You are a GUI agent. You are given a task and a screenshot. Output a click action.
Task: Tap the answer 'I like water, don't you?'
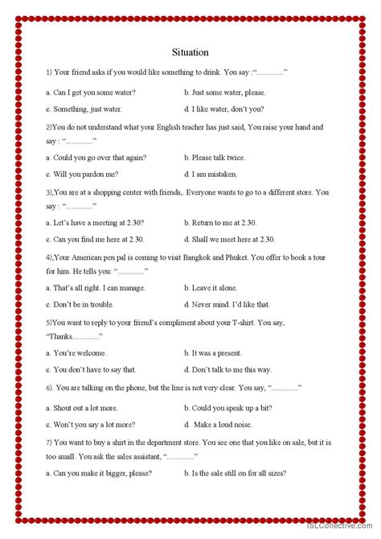(x=227, y=109)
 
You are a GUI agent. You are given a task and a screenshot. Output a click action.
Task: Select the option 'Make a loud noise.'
(x=229, y=424)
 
